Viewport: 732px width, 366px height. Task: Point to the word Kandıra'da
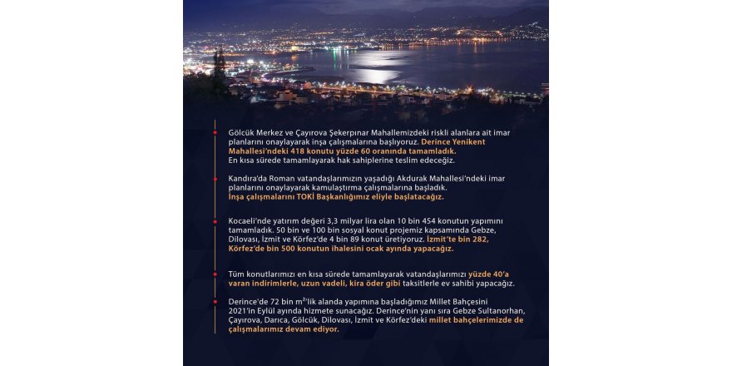point(250,179)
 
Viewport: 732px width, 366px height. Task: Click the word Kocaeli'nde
point(250,220)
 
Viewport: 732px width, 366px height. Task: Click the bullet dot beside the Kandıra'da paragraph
point(215,178)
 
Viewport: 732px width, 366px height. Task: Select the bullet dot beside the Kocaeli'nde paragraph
point(215,220)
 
